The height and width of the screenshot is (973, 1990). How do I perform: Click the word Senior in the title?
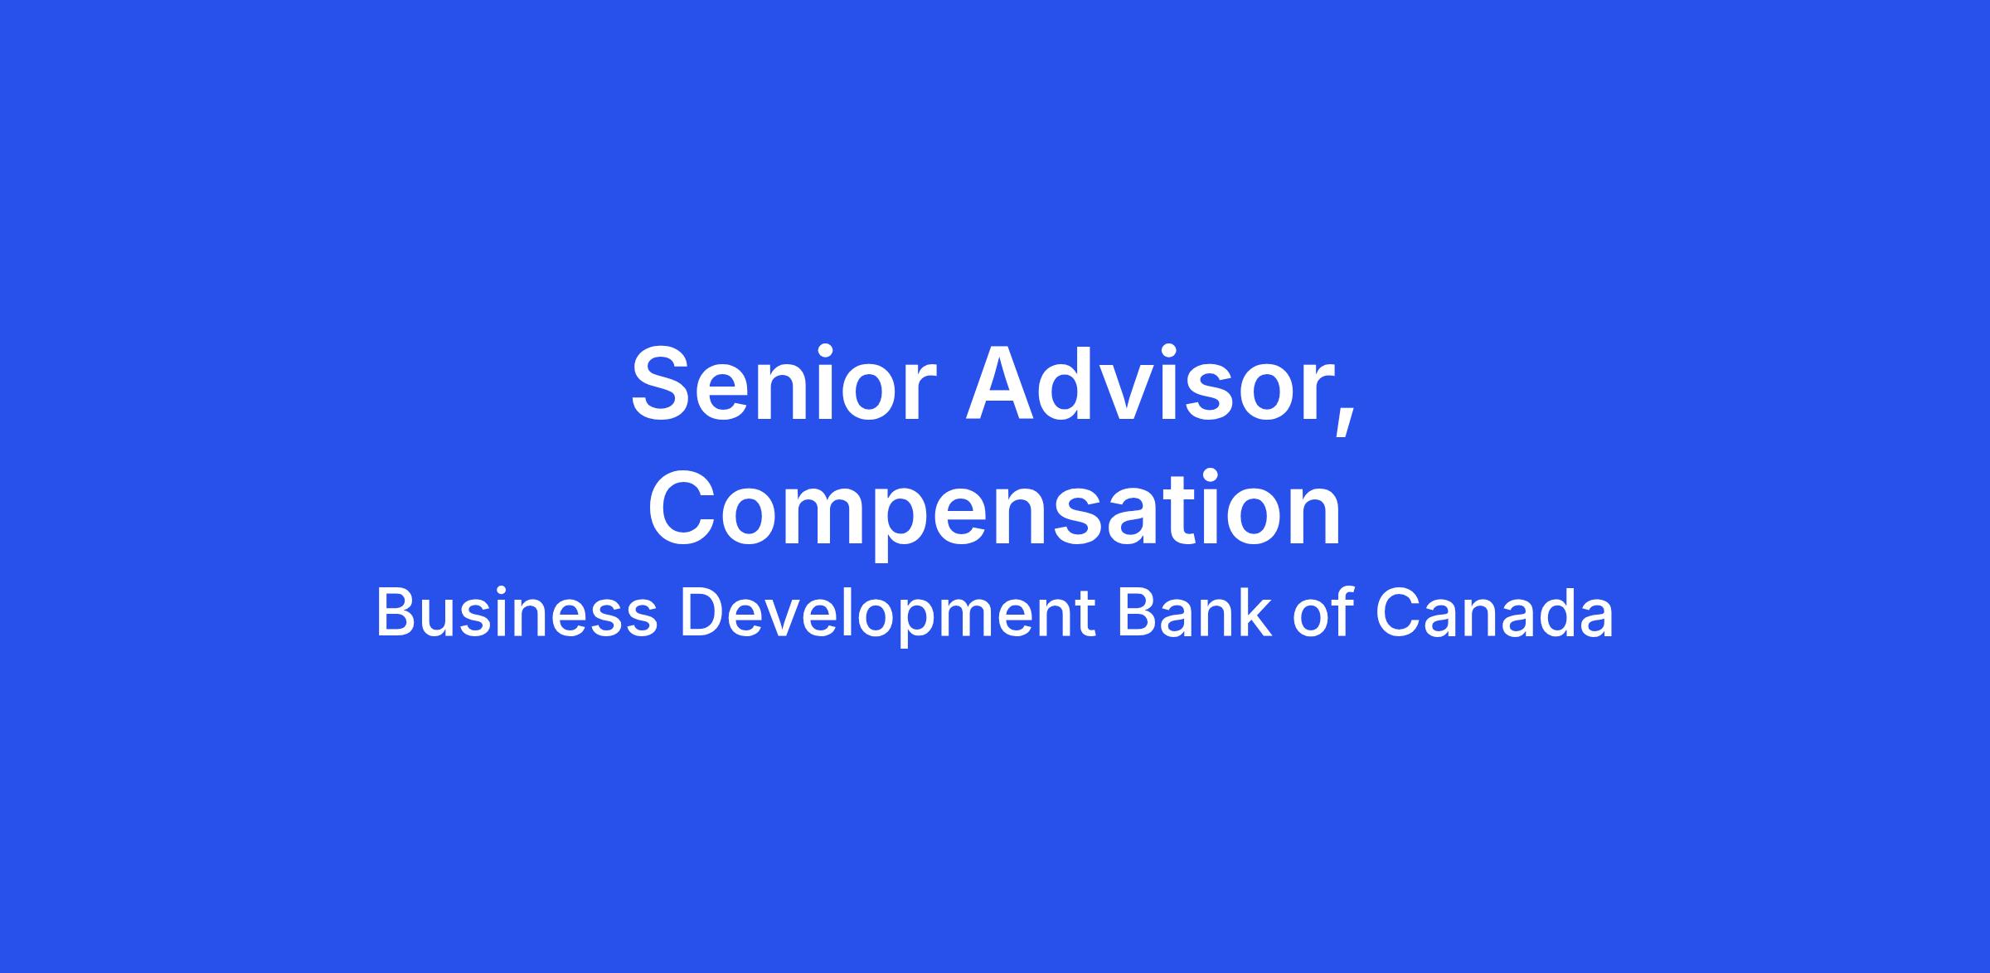[x=783, y=386]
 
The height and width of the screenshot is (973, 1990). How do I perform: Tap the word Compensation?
[x=994, y=510]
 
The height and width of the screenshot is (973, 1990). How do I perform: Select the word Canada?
[x=1494, y=613]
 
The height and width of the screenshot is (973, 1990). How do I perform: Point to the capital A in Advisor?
[x=1003, y=384]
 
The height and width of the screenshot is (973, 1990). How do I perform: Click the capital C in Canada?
[x=1400, y=613]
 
